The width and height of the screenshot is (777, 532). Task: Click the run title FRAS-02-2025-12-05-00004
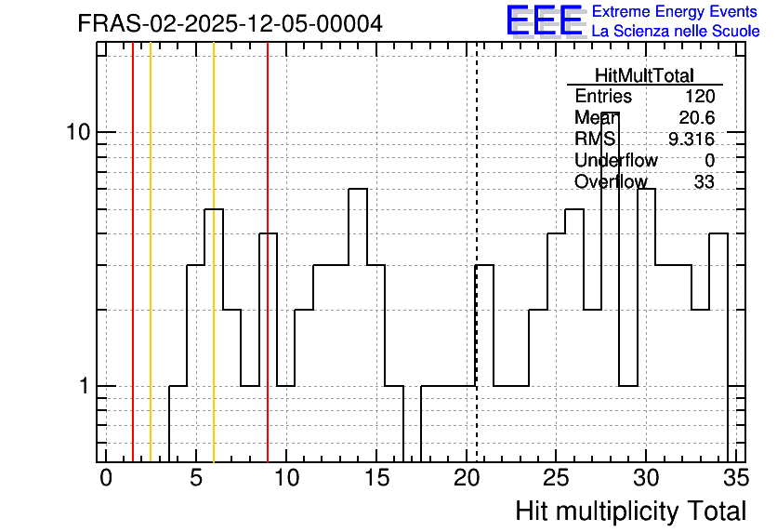230,23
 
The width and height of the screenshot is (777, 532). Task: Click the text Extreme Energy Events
675,11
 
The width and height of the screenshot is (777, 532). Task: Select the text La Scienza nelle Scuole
676,32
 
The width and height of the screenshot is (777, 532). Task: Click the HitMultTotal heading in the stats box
644,75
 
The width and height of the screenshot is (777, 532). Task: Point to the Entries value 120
700,96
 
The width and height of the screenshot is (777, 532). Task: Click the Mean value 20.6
697,117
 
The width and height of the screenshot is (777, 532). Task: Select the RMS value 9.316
691,140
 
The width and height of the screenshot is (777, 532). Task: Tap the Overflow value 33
705,182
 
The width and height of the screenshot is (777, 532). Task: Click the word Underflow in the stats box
616,161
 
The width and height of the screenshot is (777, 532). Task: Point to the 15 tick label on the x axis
376,478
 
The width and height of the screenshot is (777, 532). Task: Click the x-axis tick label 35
736,478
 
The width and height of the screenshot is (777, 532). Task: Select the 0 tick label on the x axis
106,478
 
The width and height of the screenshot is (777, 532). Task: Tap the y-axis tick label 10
78,132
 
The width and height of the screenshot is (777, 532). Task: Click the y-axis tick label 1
85,386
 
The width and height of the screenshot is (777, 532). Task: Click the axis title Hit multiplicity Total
631,512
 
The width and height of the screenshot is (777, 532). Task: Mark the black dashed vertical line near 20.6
476,252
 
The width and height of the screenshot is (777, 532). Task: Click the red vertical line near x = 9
268,252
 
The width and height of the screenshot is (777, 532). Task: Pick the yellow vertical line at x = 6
214,252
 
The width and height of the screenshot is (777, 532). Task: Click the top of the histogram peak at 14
358,189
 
